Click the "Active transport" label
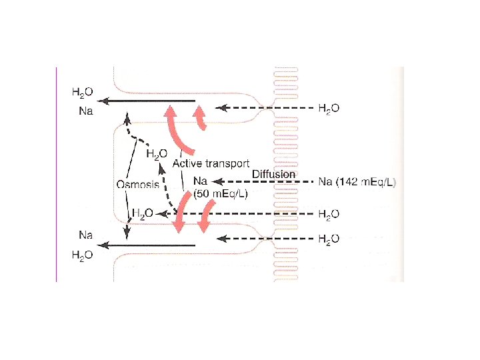click(x=211, y=163)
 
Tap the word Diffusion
click(x=273, y=174)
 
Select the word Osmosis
click(x=138, y=185)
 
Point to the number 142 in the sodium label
click(x=352, y=181)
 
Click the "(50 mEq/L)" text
click(x=220, y=194)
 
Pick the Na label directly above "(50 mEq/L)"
click(x=199, y=181)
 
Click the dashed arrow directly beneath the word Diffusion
click(x=267, y=181)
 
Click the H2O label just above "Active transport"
click(x=156, y=154)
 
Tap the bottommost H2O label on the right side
click(x=328, y=238)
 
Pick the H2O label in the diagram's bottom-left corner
click(x=83, y=256)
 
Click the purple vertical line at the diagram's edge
click(x=57, y=173)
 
